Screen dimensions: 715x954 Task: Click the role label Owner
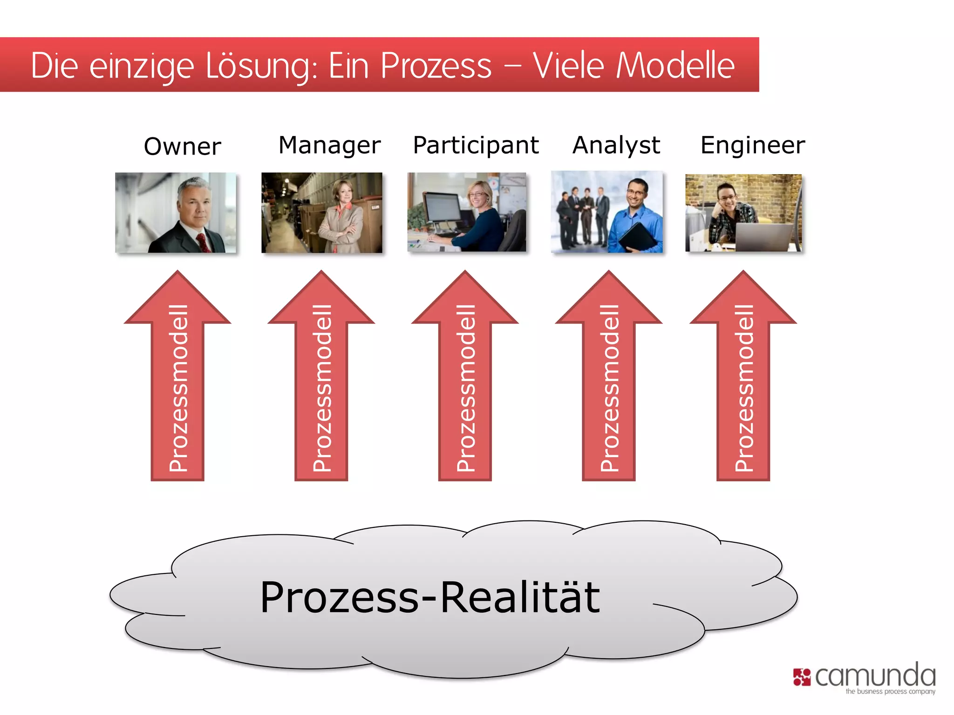pyautogui.click(x=182, y=147)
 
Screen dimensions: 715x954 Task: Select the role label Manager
pyautogui.click(x=329, y=145)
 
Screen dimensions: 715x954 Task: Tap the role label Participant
pyautogui.click(x=476, y=145)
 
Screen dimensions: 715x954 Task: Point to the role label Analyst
pyautogui.click(x=616, y=145)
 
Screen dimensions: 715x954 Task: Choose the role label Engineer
pyautogui.click(x=753, y=145)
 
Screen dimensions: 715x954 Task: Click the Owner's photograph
pyautogui.click(x=176, y=213)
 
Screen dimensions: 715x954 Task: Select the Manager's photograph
pyautogui.click(x=322, y=213)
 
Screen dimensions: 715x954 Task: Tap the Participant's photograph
pyautogui.click(x=467, y=212)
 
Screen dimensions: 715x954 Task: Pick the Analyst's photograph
pyautogui.click(x=606, y=212)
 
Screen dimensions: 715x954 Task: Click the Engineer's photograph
pyautogui.click(x=743, y=213)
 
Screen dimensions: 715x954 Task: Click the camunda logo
pyautogui.click(x=865, y=678)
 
